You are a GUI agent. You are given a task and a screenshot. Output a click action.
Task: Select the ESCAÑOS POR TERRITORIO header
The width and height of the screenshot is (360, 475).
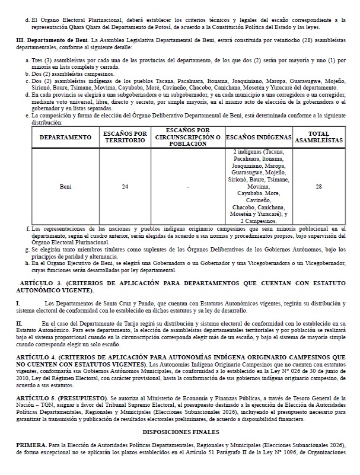click(125, 138)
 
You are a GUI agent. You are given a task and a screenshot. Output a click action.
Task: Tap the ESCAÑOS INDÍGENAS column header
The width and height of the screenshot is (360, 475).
click(259, 138)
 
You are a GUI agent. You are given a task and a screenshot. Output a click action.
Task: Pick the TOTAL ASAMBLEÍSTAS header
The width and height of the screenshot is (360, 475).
click(318, 138)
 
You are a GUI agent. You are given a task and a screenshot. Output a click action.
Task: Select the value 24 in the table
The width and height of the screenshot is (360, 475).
click(125, 186)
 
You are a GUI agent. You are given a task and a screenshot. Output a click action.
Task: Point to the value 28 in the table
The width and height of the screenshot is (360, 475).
click(319, 186)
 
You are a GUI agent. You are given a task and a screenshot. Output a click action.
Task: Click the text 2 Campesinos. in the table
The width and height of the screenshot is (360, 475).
click(259, 220)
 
